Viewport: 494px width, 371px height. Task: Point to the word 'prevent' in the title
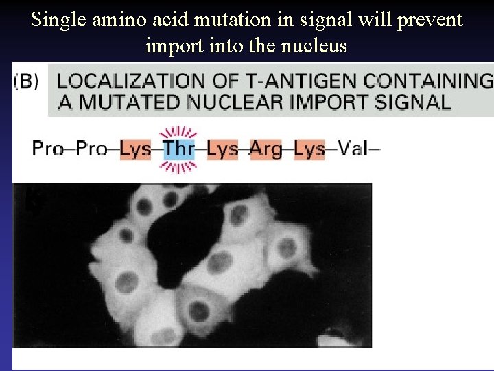click(x=434, y=20)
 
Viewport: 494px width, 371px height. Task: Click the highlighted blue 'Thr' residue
click(x=178, y=148)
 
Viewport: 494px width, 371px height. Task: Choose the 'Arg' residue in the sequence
click(x=266, y=148)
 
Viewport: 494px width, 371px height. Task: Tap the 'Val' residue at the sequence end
click(x=355, y=148)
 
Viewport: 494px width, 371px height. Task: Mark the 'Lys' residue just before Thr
click(x=135, y=148)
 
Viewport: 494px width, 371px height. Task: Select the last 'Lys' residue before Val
click(x=309, y=148)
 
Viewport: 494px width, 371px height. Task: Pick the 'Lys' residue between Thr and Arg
click(x=222, y=148)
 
